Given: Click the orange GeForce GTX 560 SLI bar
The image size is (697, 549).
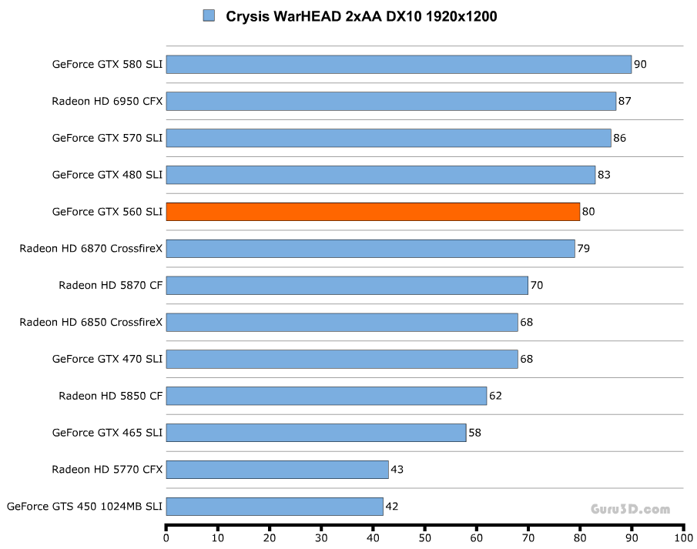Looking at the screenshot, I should (x=373, y=212).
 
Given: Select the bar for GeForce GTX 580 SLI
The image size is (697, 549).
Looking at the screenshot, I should (x=398, y=64).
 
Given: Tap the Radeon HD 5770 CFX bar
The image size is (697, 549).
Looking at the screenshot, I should (x=276, y=470).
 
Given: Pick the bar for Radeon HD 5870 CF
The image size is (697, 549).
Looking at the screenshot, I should (x=347, y=286).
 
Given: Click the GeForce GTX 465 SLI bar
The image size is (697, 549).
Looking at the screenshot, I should (x=316, y=433).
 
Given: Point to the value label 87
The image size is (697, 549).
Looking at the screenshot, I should (x=626, y=101).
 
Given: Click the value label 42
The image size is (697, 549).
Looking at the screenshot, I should (x=392, y=507).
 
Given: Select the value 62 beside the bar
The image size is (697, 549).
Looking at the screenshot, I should (x=495, y=396).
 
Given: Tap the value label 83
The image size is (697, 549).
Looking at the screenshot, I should (x=604, y=175).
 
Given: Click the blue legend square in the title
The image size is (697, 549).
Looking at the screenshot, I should (x=208, y=15).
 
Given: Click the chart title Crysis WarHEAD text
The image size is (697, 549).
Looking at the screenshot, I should (x=361, y=16).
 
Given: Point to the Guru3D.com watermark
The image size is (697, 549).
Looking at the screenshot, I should (x=630, y=509).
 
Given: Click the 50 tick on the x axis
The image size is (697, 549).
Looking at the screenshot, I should (x=425, y=538).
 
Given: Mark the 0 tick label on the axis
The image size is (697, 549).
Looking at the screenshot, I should (x=166, y=538).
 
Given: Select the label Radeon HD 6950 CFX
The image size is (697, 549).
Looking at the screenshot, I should (x=107, y=101).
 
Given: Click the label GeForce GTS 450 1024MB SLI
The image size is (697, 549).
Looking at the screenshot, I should (x=85, y=507).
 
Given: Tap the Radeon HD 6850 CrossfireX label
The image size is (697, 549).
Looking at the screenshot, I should (x=91, y=322).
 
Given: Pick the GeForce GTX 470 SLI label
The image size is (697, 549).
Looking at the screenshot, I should (x=107, y=359).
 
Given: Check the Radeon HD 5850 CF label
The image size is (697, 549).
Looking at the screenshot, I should (x=110, y=396).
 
